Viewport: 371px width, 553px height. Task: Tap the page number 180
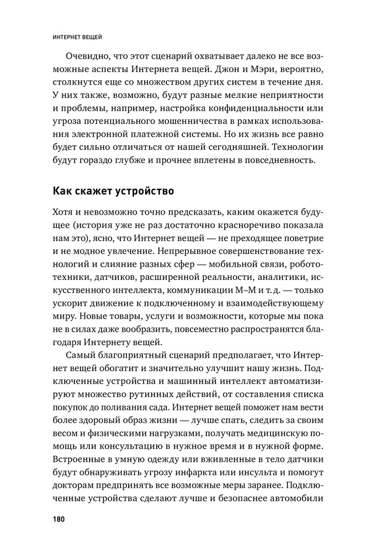(x=59, y=519)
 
